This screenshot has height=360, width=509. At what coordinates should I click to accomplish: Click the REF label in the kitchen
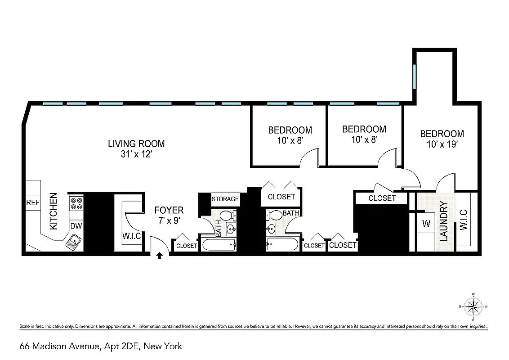tap(33, 203)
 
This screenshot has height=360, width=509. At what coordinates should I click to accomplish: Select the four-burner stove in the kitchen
tap(76, 204)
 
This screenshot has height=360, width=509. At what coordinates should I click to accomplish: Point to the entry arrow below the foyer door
tap(159, 256)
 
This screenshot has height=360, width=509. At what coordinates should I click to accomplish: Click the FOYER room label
tap(169, 210)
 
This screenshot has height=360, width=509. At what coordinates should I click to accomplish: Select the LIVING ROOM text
tap(136, 144)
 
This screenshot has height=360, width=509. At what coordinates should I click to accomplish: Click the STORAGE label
tap(225, 199)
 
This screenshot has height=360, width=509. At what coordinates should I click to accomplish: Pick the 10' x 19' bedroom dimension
tap(442, 144)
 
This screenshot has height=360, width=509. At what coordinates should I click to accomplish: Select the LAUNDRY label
tap(444, 221)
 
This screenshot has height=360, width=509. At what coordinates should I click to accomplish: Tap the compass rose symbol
tap(473, 307)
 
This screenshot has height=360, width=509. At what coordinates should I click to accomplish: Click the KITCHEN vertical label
tap(54, 211)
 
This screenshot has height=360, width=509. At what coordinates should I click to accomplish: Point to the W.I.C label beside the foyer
tap(132, 236)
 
